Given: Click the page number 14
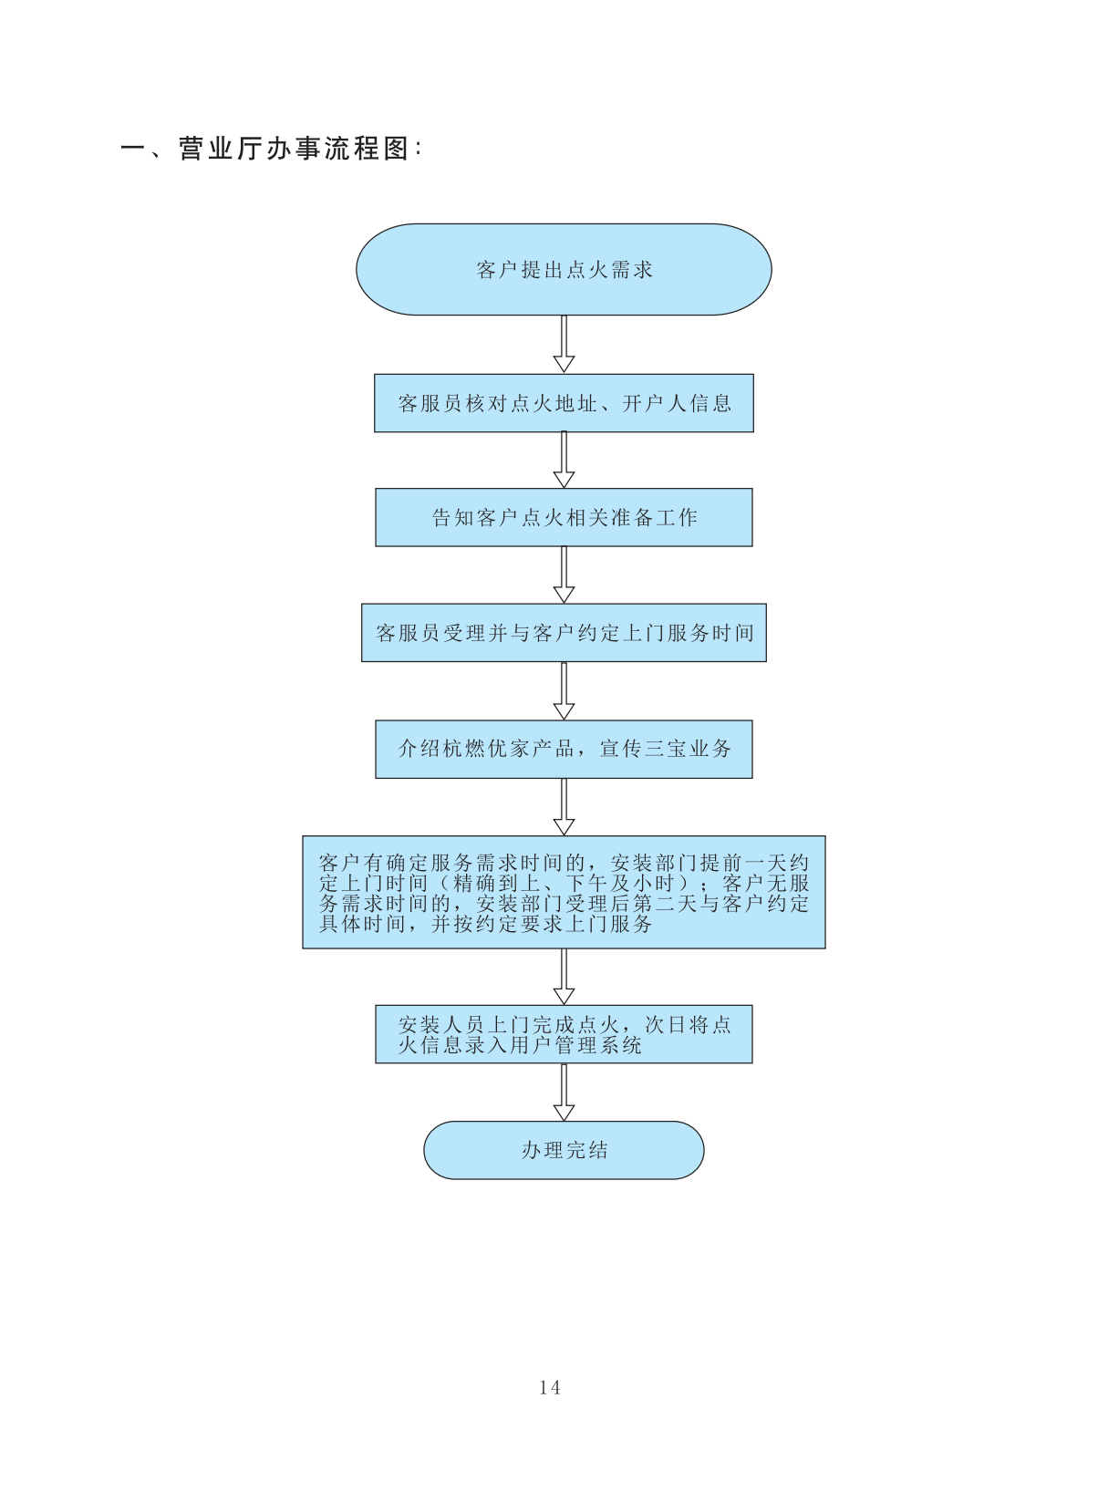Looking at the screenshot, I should tap(549, 1387).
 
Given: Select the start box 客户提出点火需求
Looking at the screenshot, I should tap(564, 270).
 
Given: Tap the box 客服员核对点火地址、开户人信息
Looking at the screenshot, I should tap(564, 403).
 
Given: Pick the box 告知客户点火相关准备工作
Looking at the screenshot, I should tap(564, 518).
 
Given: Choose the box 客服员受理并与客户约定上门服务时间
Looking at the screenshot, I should tap(564, 633).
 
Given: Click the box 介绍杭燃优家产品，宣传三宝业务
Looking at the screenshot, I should tap(564, 749).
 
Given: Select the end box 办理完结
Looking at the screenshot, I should tap(564, 1150).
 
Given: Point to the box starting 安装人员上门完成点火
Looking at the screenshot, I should tap(564, 1034).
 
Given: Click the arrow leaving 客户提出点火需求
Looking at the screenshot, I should tap(564, 345).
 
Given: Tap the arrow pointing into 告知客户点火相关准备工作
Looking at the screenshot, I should tap(564, 461).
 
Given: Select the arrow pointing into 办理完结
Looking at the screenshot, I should tap(564, 1093).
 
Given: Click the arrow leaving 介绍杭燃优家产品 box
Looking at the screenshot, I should tap(564, 807).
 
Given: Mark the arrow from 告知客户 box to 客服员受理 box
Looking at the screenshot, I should tap(564, 575).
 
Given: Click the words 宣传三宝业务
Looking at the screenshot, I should tap(666, 749).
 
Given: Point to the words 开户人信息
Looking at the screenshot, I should tap(677, 403).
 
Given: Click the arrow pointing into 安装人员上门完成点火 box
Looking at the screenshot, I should tap(564, 977).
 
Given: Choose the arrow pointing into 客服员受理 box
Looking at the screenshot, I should tap(564, 575).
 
